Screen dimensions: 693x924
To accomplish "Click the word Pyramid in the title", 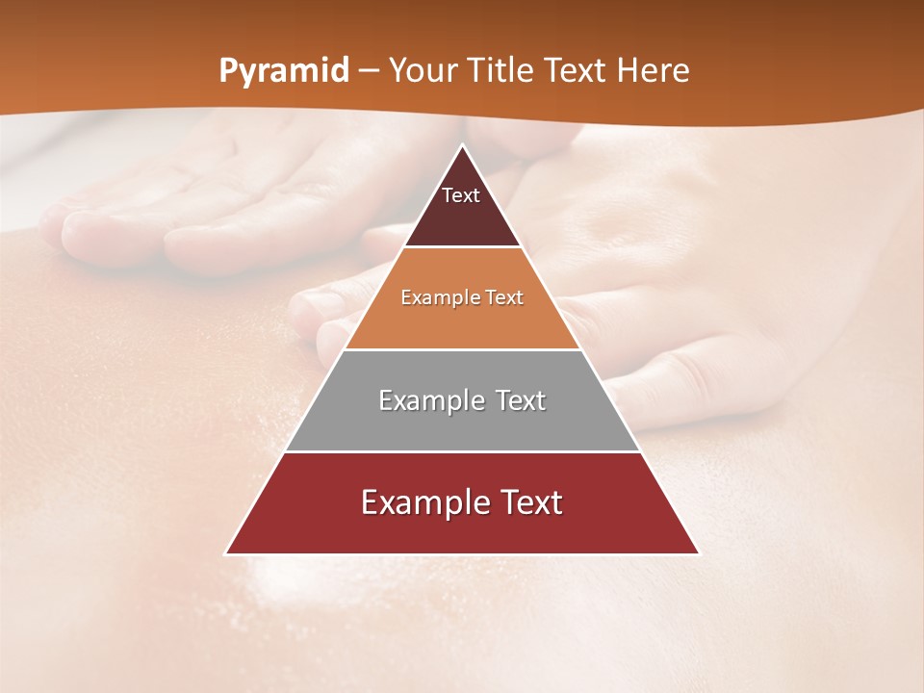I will (284, 71).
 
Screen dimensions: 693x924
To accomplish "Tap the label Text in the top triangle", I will (461, 195).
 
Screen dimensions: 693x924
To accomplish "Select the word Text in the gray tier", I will (514, 400).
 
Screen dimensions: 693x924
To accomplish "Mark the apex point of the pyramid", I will (463, 145).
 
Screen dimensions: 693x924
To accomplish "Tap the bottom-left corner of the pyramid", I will (226, 553).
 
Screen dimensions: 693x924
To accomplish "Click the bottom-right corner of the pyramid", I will (699, 553).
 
